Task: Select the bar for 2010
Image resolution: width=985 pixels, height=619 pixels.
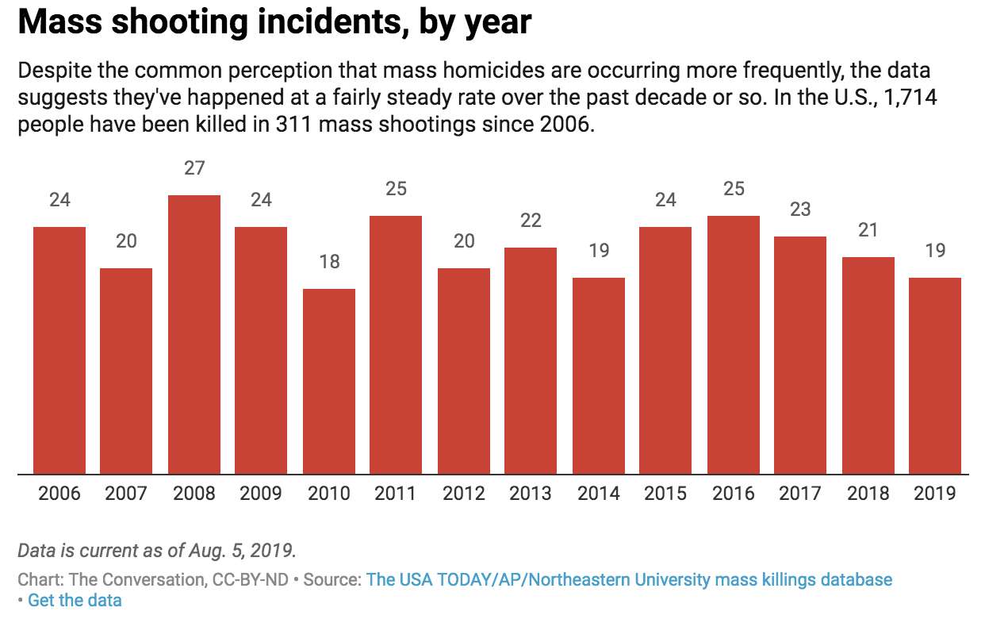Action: click(329, 382)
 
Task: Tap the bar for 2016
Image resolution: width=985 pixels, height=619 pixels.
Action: click(734, 345)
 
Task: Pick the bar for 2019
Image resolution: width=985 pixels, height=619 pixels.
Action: click(935, 376)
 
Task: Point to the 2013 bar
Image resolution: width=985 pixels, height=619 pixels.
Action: click(531, 361)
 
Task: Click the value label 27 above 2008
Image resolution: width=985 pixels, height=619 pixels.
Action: click(194, 168)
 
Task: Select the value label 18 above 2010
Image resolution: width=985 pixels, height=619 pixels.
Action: click(329, 262)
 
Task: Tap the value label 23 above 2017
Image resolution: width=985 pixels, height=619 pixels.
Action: click(800, 210)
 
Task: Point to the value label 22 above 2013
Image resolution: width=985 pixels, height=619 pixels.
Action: click(531, 221)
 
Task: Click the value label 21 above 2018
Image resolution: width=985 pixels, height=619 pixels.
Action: click(868, 230)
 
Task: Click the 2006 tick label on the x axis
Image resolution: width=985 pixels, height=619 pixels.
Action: click(59, 494)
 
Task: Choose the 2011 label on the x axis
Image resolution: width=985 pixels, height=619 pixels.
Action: click(396, 494)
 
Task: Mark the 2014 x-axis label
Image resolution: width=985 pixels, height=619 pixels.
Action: click(598, 494)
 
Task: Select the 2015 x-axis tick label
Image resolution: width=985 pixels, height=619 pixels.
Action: click(665, 494)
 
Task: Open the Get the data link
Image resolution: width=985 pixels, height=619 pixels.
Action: click(75, 600)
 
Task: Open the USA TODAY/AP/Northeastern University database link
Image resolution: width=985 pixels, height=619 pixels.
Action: click(629, 579)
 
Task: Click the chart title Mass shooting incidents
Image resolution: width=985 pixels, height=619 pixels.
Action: click(274, 23)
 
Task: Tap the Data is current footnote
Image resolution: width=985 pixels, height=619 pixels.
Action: click(156, 550)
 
